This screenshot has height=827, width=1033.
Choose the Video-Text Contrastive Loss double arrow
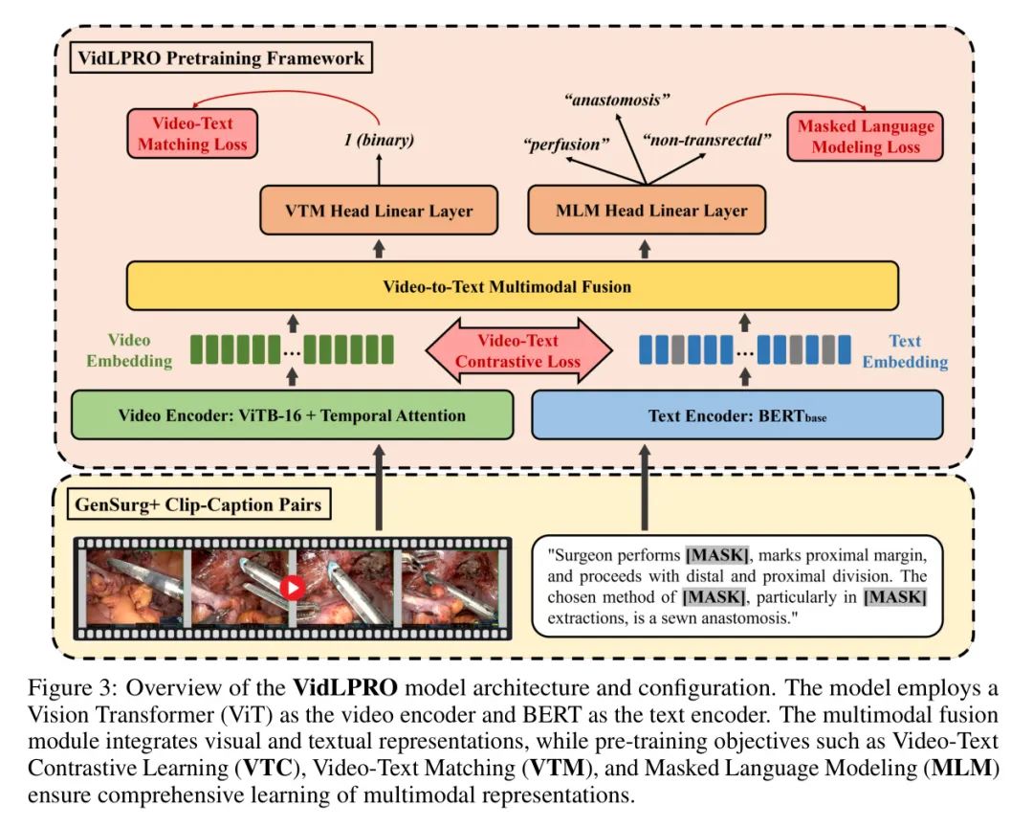(x=517, y=351)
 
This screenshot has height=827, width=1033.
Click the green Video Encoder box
(x=292, y=415)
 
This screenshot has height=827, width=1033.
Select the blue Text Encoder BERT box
(x=736, y=415)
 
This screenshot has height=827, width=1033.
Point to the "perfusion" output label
(x=566, y=146)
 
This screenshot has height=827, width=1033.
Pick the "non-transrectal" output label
(x=707, y=141)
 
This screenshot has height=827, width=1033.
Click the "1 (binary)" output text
(x=379, y=141)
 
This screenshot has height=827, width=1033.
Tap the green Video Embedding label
(x=129, y=350)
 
